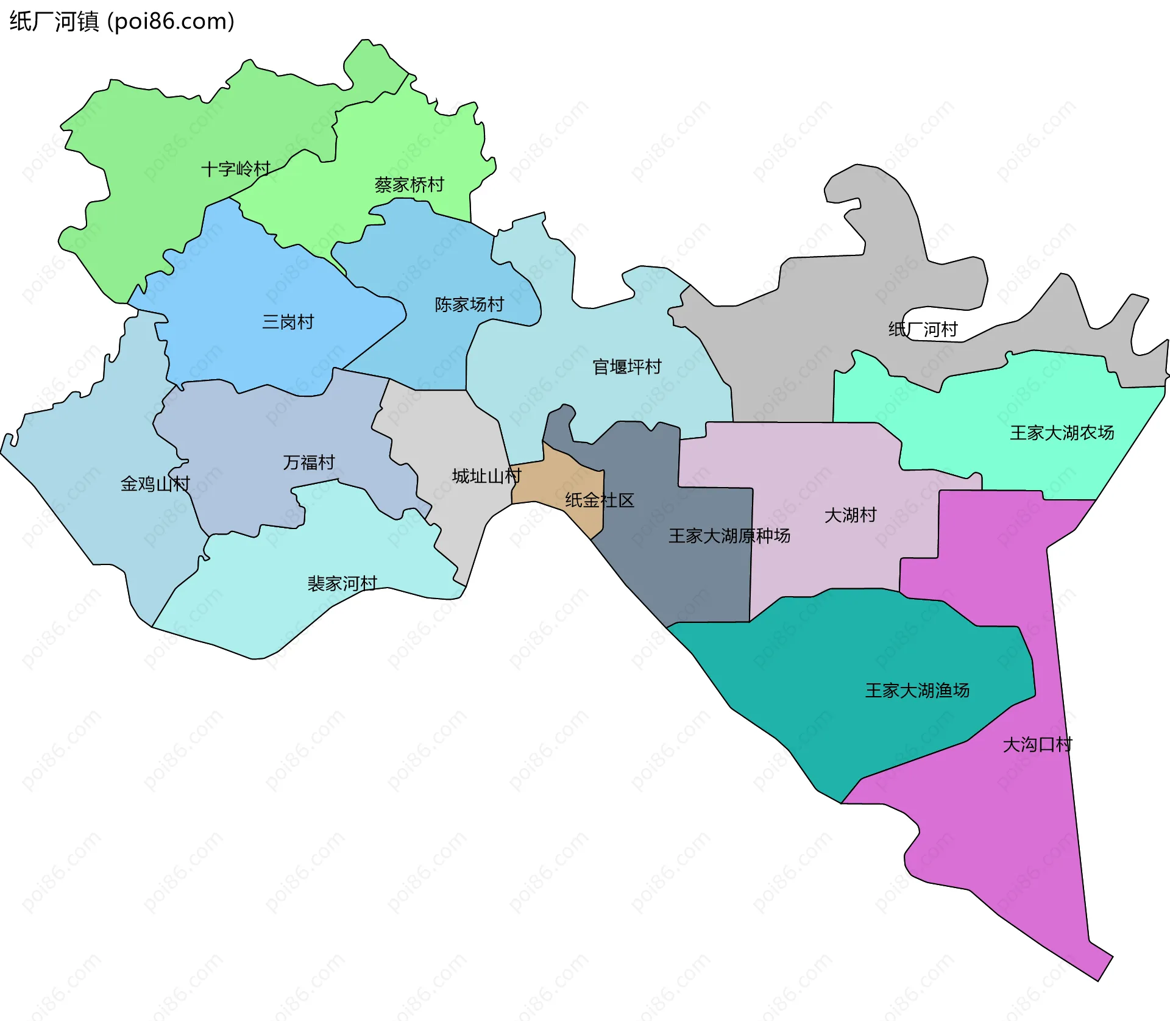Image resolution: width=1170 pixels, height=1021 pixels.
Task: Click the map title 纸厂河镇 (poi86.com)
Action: pyautogui.click(x=122, y=21)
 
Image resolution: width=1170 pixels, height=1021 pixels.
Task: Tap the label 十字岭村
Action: pyautogui.click(x=236, y=169)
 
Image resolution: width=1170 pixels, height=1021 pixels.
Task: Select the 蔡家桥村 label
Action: pyautogui.click(x=409, y=185)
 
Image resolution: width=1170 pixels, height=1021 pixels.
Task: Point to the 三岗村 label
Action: pyautogui.click(x=288, y=322)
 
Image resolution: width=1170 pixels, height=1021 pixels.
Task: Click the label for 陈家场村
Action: pyautogui.click(x=469, y=304)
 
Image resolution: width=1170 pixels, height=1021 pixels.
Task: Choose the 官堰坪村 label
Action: pyautogui.click(x=626, y=367)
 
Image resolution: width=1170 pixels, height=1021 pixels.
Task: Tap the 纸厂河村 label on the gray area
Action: pyautogui.click(x=923, y=330)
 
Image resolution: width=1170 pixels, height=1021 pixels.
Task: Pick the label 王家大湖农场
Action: pyautogui.click(x=1062, y=433)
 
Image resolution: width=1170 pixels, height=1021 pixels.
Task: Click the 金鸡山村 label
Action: pyautogui.click(x=155, y=484)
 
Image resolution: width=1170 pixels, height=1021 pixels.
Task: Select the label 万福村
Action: pyautogui.click(x=308, y=463)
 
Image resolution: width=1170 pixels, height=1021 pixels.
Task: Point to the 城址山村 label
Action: pyautogui.click(x=486, y=476)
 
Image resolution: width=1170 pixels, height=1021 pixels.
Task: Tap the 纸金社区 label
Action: pyautogui.click(x=600, y=500)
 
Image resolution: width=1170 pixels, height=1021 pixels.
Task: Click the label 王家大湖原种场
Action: pyautogui.click(x=729, y=536)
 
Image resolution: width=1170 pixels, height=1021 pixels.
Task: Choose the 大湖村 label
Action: pyautogui.click(x=850, y=516)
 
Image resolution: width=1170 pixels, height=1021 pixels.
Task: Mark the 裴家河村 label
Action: pyautogui.click(x=342, y=584)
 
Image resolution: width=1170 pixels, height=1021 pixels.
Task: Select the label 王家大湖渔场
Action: pyautogui.click(x=917, y=691)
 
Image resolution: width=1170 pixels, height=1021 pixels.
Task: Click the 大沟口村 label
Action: pyautogui.click(x=1037, y=745)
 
